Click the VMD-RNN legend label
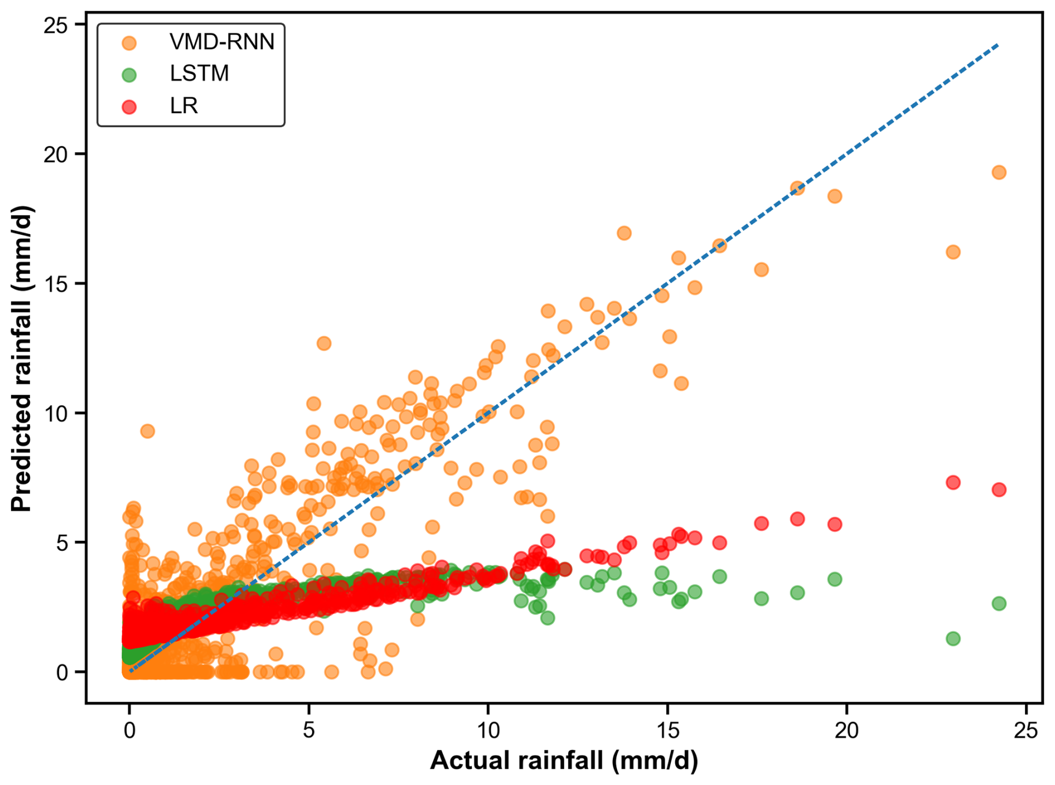[x=221, y=42]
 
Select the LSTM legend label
[x=199, y=74]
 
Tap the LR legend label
[x=183, y=105]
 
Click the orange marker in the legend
[x=129, y=42]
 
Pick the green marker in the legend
[x=129, y=75]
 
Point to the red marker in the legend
[x=129, y=106]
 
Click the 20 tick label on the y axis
[x=55, y=154]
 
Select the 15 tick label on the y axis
[x=55, y=284]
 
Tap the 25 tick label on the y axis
[x=55, y=25]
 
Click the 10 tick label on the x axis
[x=488, y=730]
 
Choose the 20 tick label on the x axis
[x=846, y=730]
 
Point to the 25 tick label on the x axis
[x=1025, y=730]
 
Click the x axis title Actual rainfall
[x=564, y=760]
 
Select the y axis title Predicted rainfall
[x=22, y=359]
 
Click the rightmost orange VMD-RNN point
[x=999, y=172]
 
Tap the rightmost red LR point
[x=999, y=490]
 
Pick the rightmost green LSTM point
[x=999, y=603]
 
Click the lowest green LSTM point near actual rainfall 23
[x=953, y=638]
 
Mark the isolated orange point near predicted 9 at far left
[x=147, y=431]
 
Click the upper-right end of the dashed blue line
[x=998, y=45]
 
